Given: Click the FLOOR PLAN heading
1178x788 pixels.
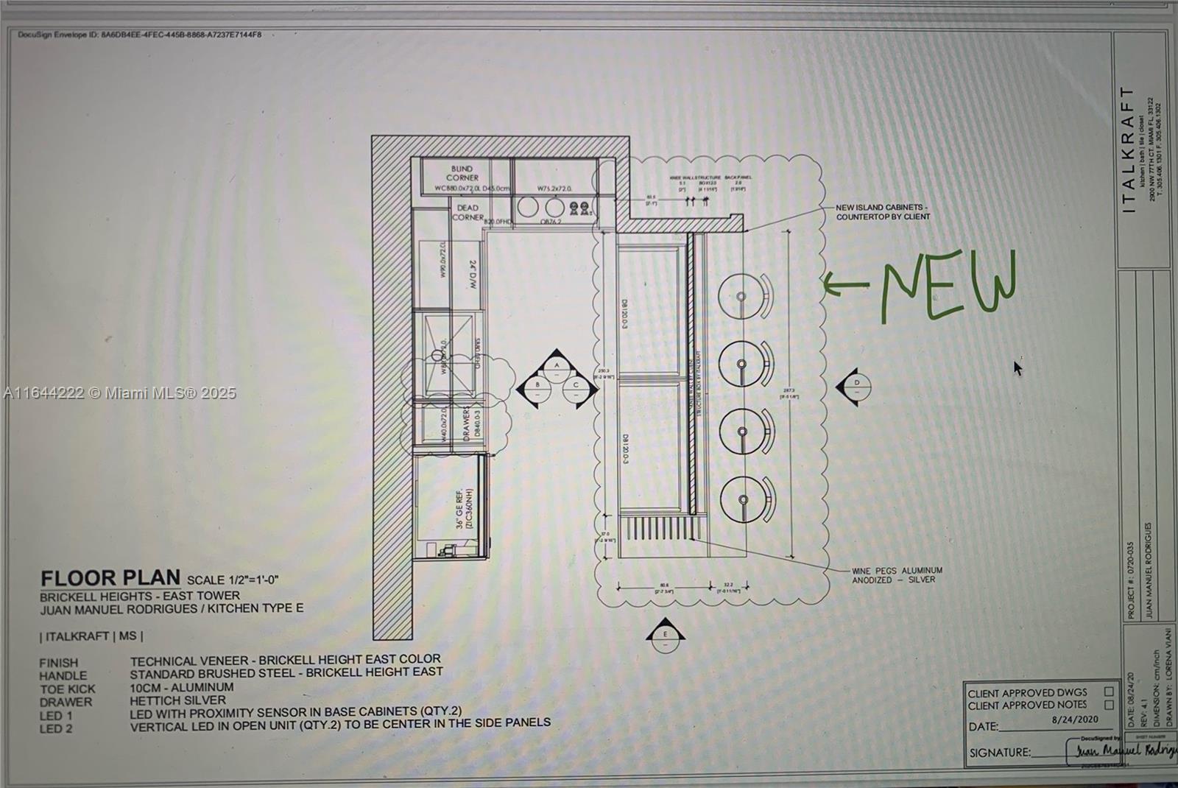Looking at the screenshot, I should (x=110, y=578).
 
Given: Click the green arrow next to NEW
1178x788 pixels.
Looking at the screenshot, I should (x=844, y=284).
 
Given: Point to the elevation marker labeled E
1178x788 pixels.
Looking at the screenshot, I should (x=665, y=635).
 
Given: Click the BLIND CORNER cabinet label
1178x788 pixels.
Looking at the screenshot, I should (x=462, y=173).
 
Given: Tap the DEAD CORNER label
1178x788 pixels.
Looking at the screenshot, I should (x=468, y=212).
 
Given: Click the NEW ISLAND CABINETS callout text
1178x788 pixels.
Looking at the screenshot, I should (x=882, y=212).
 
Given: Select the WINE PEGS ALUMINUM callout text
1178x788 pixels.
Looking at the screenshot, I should (x=897, y=574).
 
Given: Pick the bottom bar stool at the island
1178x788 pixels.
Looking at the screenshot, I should (x=744, y=500).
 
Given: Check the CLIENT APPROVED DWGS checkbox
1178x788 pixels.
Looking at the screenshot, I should (x=1108, y=692).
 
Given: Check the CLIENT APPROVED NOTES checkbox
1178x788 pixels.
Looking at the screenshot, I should (x=1108, y=705).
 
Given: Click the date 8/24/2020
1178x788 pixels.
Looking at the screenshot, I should (x=1075, y=720).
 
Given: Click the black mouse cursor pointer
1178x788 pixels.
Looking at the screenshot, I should (x=1018, y=367).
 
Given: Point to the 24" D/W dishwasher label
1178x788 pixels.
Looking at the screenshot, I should (x=473, y=274).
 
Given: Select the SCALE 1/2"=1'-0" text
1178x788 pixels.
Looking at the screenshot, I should (x=233, y=580).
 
